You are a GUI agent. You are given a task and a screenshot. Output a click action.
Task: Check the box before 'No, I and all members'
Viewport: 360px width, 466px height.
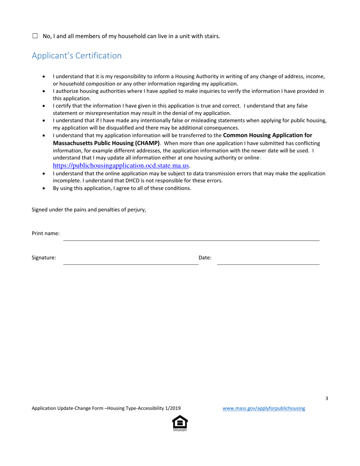point(35,36)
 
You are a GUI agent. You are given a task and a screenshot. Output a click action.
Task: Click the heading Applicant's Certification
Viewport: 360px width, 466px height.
point(77,56)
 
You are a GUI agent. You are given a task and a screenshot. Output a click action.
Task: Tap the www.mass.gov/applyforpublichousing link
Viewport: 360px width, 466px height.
point(263,408)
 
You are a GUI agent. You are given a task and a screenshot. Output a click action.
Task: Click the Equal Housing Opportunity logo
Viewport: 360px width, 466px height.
point(180,423)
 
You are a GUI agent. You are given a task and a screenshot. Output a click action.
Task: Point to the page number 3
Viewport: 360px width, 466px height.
point(327,398)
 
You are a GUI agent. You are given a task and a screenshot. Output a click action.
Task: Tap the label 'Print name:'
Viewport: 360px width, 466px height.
point(45,233)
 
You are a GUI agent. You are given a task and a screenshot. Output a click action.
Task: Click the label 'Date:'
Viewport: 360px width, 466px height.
point(205,258)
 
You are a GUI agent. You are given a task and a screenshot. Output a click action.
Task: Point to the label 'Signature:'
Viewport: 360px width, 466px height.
point(44,258)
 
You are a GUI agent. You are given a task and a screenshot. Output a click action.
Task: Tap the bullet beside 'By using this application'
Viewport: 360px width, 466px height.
point(45,188)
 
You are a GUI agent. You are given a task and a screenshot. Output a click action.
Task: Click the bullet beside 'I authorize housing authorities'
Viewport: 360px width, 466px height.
point(45,91)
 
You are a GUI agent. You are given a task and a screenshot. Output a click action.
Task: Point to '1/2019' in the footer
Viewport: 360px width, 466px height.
point(173,408)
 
